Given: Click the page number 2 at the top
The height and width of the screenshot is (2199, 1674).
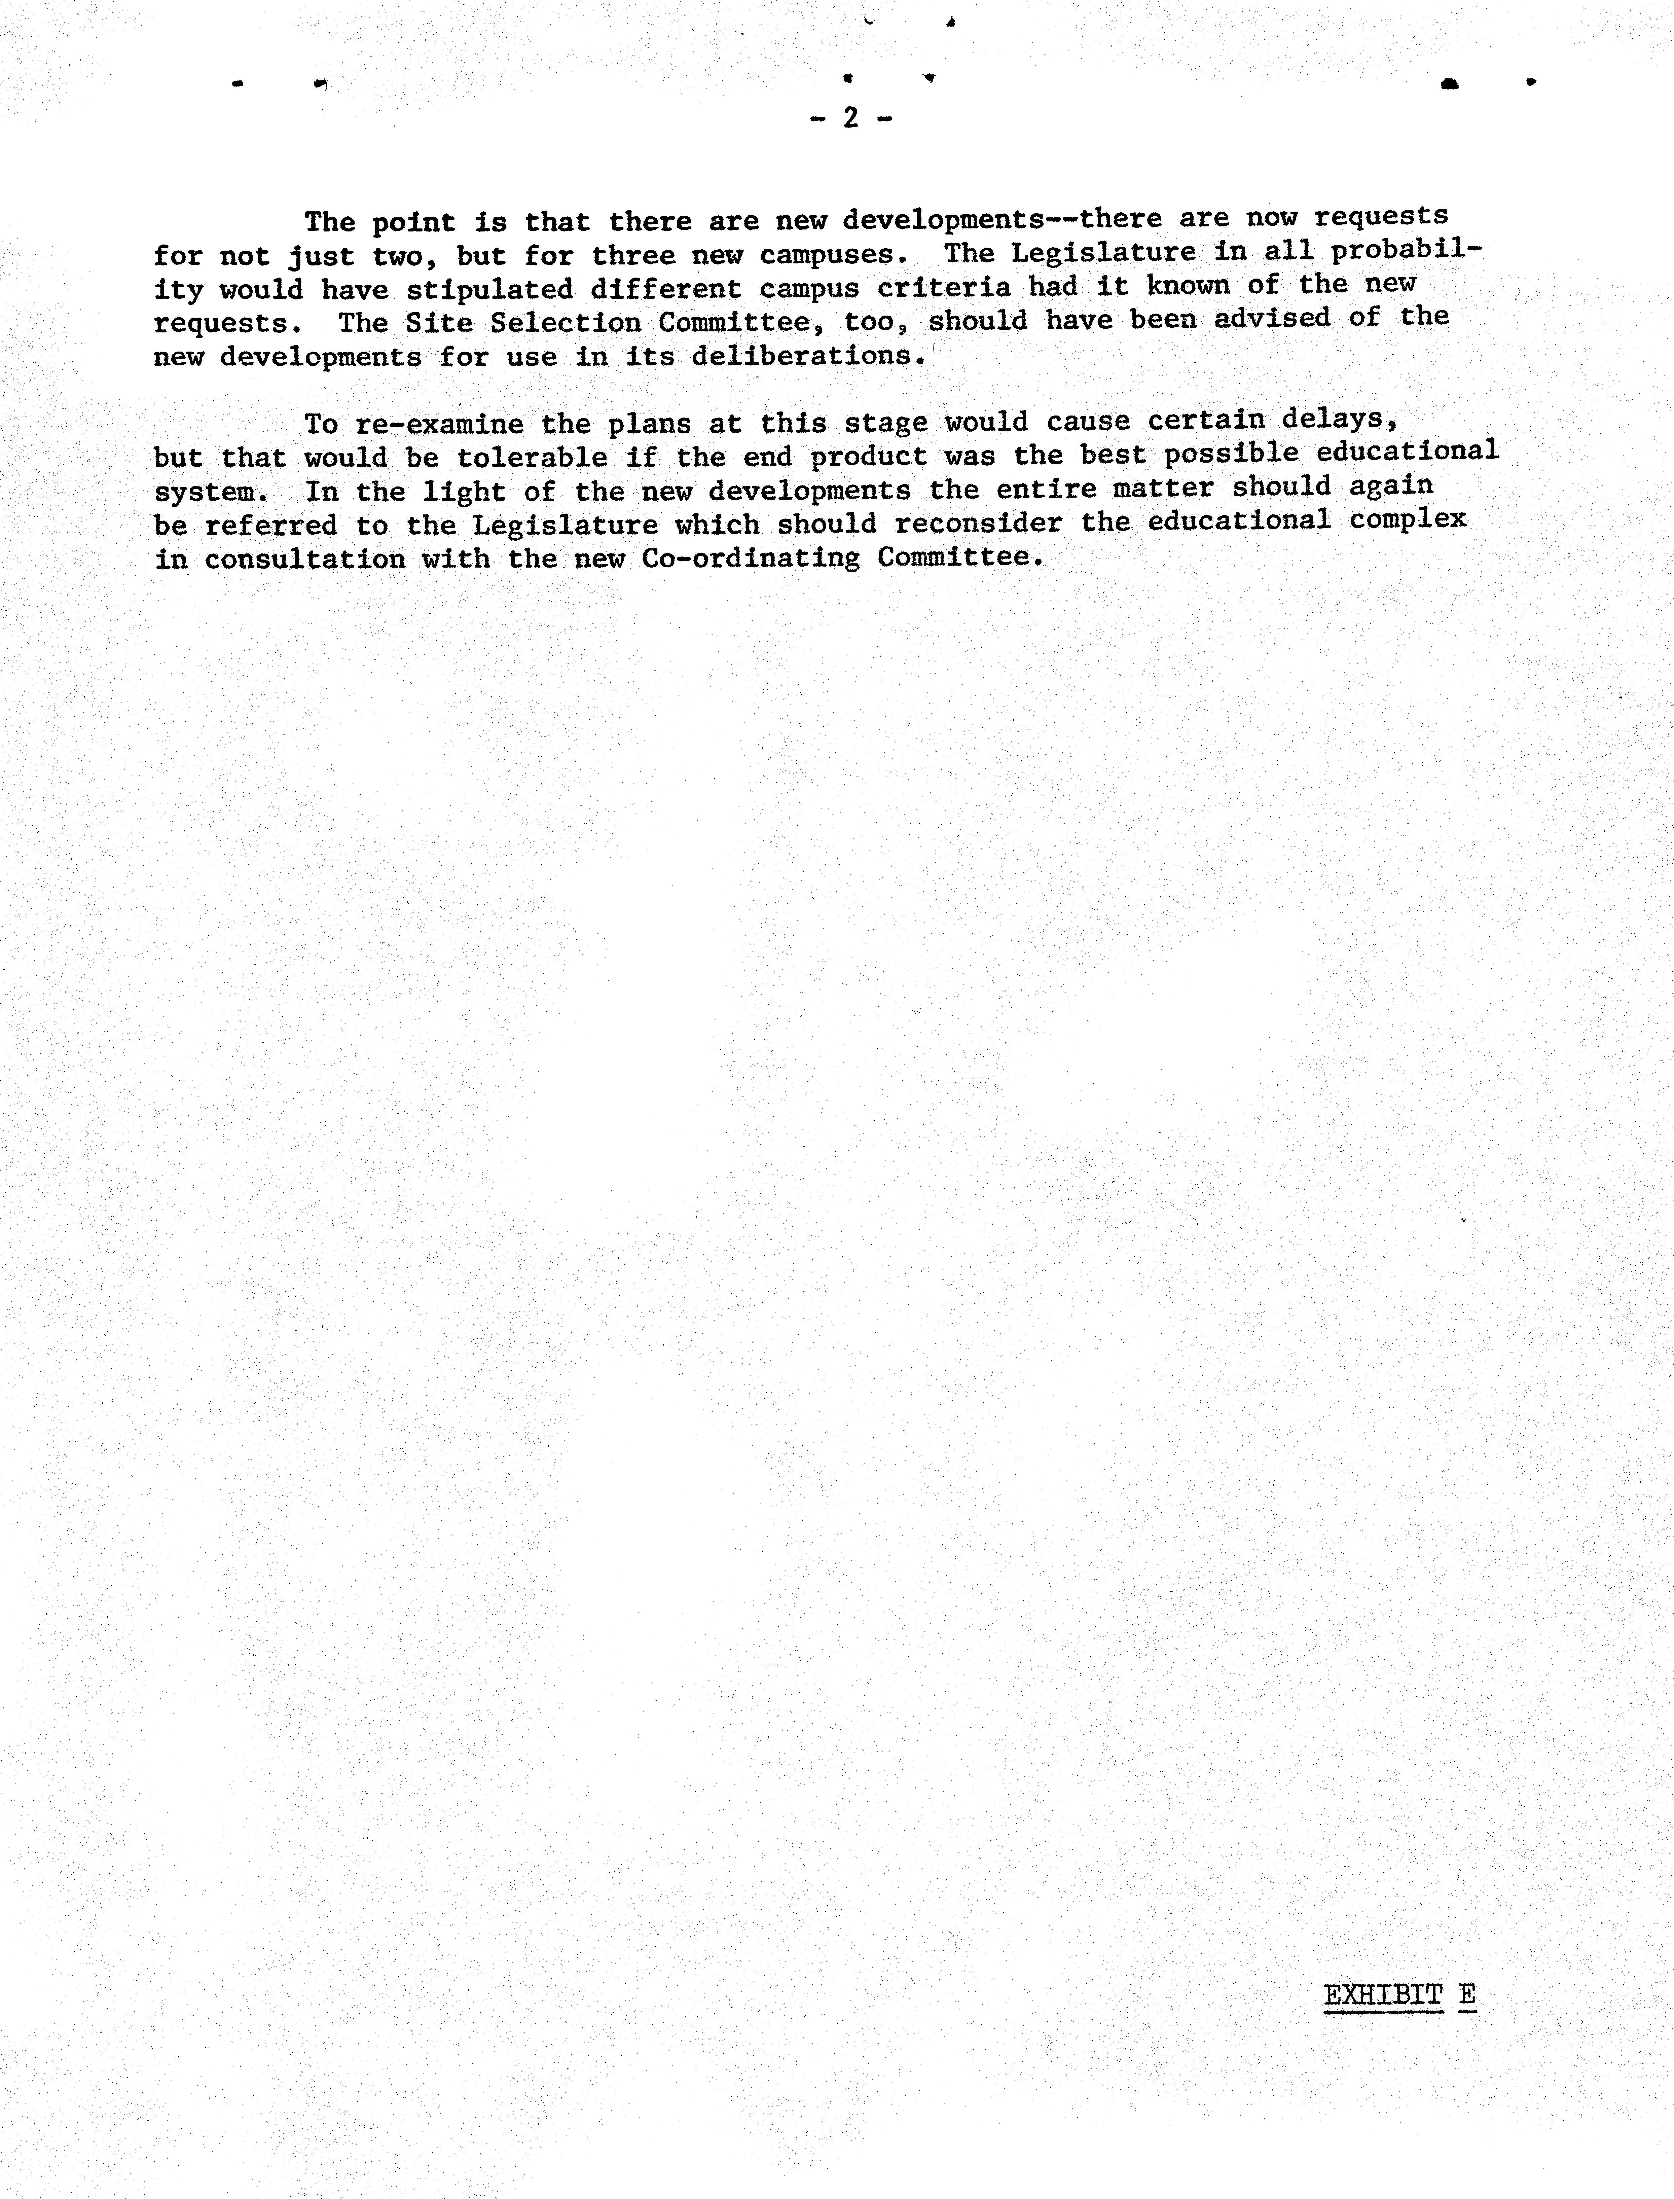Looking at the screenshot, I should click(x=850, y=118).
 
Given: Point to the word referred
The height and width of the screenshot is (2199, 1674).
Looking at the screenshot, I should click(x=271, y=525).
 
